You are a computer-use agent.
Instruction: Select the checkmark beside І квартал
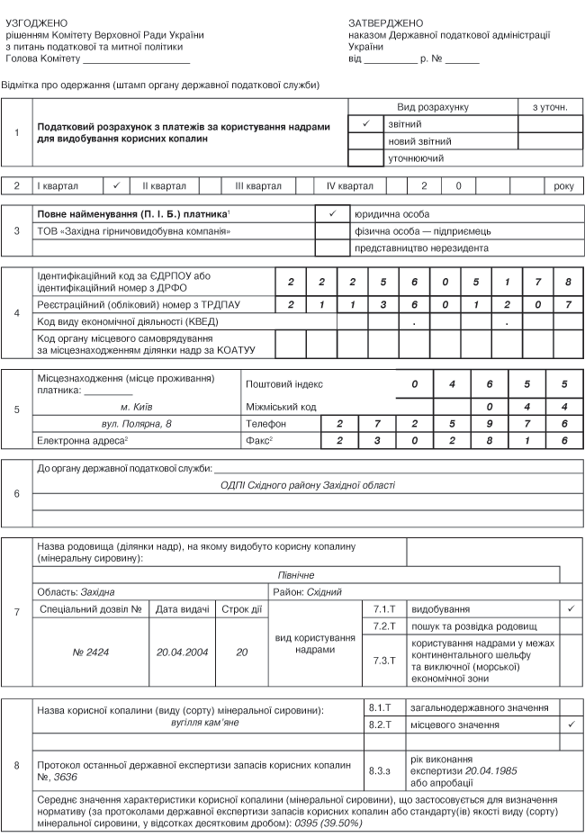(117, 186)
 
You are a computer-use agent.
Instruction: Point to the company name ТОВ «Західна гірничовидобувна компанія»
(134, 231)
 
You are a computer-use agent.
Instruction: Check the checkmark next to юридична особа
(332, 214)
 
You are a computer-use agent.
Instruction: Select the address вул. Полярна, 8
(136, 423)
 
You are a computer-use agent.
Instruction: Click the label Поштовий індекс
(283, 383)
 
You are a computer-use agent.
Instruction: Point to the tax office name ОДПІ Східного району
(308, 485)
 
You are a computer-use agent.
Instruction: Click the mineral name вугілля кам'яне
(179, 723)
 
